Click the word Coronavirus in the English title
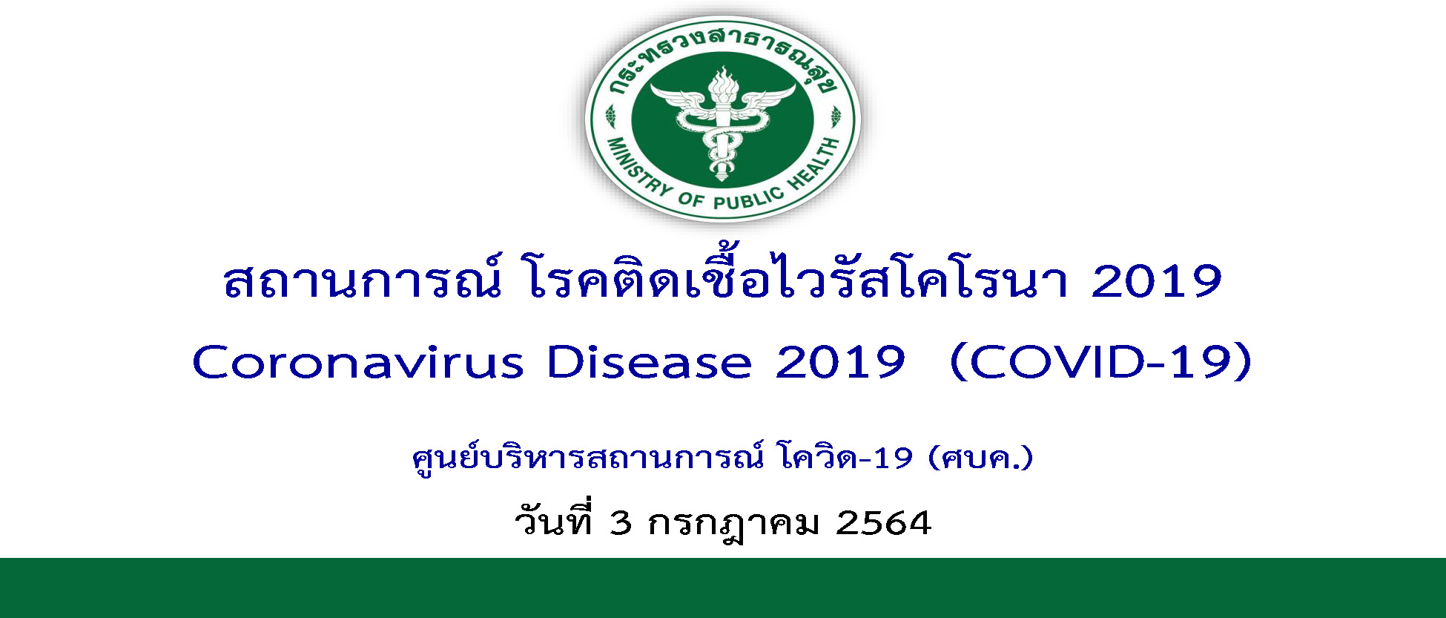point(358,363)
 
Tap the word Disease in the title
point(650,363)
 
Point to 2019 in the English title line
point(840,363)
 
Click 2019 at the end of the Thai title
point(1156,281)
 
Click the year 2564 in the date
point(883,523)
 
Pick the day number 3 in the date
point(620,523)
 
